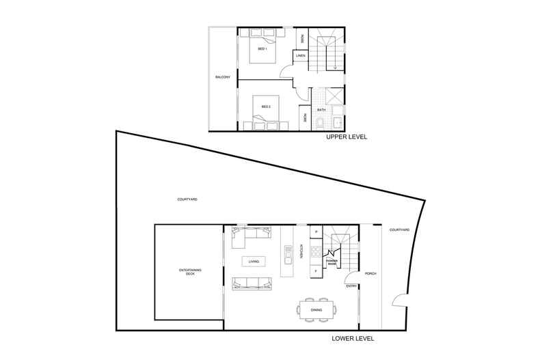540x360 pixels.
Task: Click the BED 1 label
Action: coord(262,49)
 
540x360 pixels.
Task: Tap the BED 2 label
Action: coord(264,107)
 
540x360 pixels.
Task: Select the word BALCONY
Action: coord(222,77)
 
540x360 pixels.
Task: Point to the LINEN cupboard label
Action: coord(299,55)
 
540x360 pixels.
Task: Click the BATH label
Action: coord(320,109)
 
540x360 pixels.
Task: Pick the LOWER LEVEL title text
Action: coord(353,337)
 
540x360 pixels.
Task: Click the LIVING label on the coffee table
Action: coord(254,261)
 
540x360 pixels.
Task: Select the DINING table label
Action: coord(316,309)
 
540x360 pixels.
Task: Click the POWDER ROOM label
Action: coord(333,261)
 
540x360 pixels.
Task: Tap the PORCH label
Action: coord(371,273)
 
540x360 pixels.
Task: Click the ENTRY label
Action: coord(351,286)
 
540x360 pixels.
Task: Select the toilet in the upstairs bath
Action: coord(321,123)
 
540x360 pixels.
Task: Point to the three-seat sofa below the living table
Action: coord(249,282)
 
